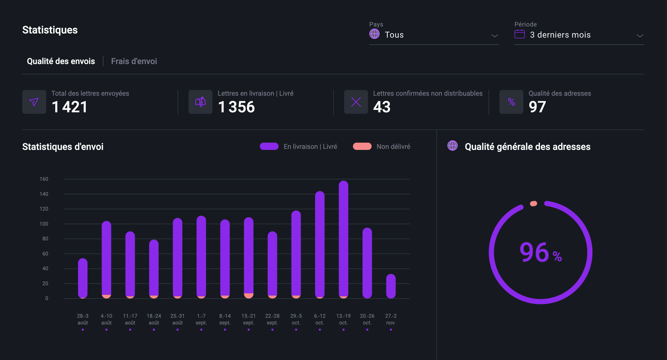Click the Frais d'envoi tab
click(134, 61)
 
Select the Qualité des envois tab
click(61, 61)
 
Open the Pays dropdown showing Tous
click(434, 35)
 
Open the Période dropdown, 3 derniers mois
click(579, 35)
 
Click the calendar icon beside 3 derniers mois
click(519, 34)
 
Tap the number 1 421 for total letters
click(70, 107)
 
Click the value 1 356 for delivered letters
click(236, 107)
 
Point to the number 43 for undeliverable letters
click(382, 107)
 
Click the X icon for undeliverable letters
click(356, 102)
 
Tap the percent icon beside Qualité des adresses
click(511, 102)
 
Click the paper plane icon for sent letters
click(34, 102)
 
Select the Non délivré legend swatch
click(362, 147)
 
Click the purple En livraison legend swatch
click(269, 147)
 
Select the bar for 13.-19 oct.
click(343, 239)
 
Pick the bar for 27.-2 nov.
click(391, 286)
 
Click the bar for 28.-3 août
click(83, 278)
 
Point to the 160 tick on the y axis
click(44, 179)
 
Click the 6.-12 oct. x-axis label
click(320, 319)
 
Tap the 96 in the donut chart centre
click(534, 252)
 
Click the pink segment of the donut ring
click(533, 204)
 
